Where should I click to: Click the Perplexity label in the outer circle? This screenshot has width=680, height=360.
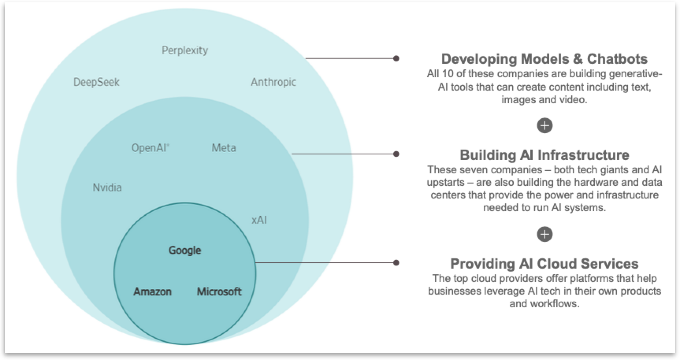(185, 50)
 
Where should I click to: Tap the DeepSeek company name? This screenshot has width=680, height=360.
(96, 82)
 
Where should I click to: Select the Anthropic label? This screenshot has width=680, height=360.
(273, 82)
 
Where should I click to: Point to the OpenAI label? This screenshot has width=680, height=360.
(150, 148)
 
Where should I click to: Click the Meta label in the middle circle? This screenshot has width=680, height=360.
(224, 148)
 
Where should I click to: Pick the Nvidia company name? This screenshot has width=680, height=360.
(107, 187)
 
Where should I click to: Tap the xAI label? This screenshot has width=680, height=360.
(259, 220)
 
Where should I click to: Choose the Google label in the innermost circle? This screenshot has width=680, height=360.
(185, 250)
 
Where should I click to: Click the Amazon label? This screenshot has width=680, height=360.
(152, 291)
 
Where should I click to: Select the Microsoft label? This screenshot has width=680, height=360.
(219, 291)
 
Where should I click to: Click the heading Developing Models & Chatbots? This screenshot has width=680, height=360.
(544, 59)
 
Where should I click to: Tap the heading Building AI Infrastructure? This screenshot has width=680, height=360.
(544, 155)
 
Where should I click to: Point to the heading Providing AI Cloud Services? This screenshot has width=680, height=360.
(544, 264)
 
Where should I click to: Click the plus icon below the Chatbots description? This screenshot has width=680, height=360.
(544, 126)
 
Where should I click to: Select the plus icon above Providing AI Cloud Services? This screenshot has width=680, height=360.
(544, 234)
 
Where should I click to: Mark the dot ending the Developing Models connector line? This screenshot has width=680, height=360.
(396, 59)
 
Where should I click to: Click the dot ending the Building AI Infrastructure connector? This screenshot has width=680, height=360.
(396, 154)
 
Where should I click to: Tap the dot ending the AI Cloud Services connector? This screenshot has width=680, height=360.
(396, 263)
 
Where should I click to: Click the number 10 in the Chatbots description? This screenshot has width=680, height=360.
(448, 74)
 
